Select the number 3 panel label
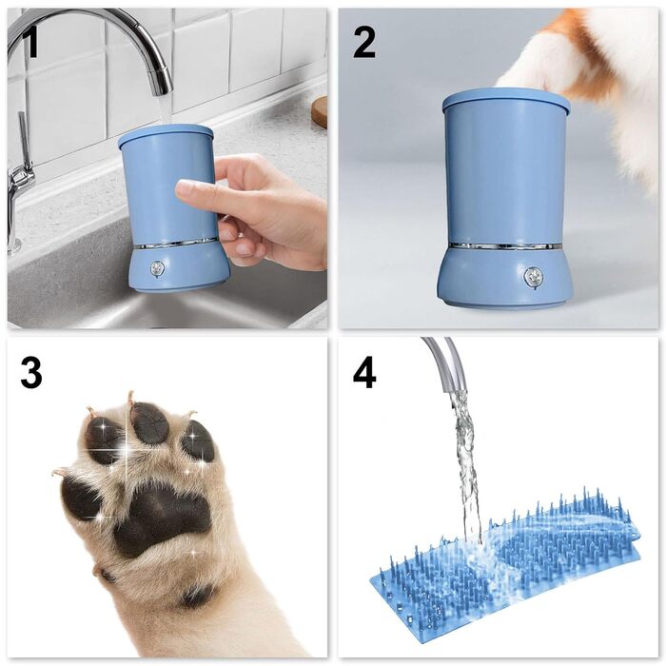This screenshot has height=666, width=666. [x=31, y=373]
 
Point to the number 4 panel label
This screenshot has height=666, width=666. [x=363, y=373]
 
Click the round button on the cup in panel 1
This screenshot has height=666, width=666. [x=157, y=269]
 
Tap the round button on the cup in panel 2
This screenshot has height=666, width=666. [x=534, y=277]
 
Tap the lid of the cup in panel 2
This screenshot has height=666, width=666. [x=505, y=98]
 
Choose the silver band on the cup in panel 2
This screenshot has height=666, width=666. [x=504, y=246]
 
